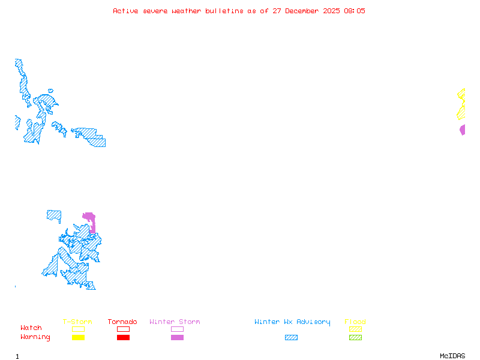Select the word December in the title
[x=305, y=11]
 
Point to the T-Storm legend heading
[x=77, y=322]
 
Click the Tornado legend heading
[x=122, y=322]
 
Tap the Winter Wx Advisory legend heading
[x=292, y=322]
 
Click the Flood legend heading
[x=355, y=322]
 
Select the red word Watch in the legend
[x=31, y=328]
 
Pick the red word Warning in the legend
[x=35, y=337]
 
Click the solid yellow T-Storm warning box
[x=78, y=338]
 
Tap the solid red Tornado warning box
[x=123, y=338]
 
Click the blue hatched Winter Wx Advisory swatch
[x=291, y=338]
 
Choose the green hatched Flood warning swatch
[x=355, y=338]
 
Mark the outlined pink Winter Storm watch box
[x=177, y=329]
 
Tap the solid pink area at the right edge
[x=463, y=130]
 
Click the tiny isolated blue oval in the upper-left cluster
[x=50, y=91]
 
